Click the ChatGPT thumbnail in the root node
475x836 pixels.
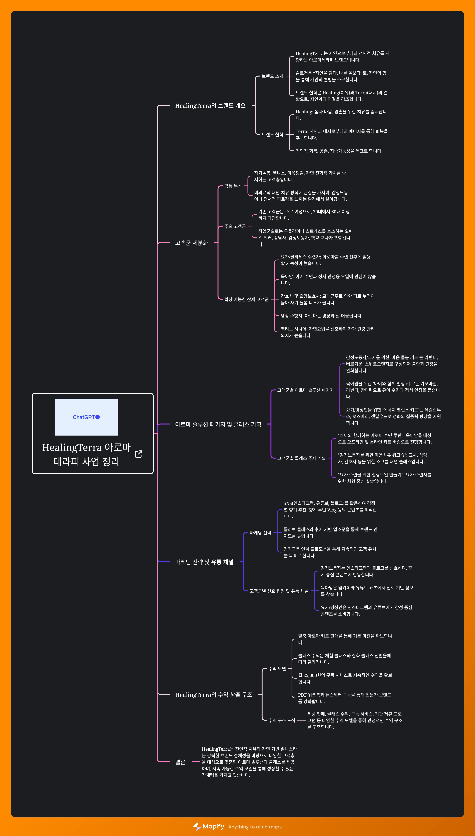click(x=86, y=417)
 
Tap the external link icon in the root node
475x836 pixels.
click(x=138, y=454)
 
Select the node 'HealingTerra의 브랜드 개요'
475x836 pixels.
click(x=210, y=105)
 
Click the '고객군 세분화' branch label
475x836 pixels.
click(x=192, y=243)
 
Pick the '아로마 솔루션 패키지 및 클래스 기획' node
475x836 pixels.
click(x=218, y=424)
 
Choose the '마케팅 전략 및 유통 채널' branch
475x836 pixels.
click(x=204, y=562)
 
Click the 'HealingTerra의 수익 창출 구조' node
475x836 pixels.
click(x=213, y=694)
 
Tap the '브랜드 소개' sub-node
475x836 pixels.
click(x=272, y=76)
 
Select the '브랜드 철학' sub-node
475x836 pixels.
click(x=272, y=134)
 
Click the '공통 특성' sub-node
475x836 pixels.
click(x=233, y=186)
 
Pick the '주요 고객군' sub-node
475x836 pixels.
click(x=235, y=226)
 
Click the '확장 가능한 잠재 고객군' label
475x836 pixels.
click(x=246, y=299)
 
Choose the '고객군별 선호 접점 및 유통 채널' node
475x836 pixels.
click(x=279, y=591)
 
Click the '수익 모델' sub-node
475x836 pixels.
click(x=277, y=668)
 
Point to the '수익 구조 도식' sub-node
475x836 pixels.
click(x=282, y=720)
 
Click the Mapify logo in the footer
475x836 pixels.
click(x=209, y=826)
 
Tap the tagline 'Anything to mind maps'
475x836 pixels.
click(x=255, y=827)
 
